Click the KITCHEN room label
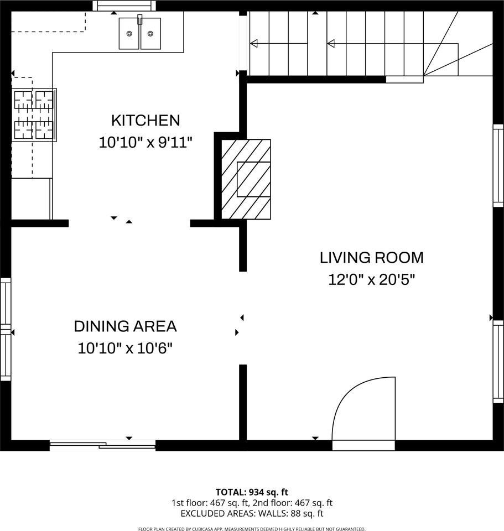[x=146, y=121]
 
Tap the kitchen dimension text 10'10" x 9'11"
[x=146, y=142]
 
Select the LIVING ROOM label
[x=371, y=258]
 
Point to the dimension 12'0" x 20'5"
[x=371, y=280]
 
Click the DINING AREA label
[x=125, y=326]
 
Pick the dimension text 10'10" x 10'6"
[x=125, y=348]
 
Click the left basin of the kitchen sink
[x=129, y=33]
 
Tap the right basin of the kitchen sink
[x=150, y=33]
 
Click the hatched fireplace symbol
[x=246, y=179]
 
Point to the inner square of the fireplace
[x=253, y=179]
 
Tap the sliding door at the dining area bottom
[x=102, y=444]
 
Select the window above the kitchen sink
[x=124, y=6]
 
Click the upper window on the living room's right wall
[x=498, y=166]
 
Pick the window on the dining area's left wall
[x=6, y=330]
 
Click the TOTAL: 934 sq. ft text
[x=252, y=492]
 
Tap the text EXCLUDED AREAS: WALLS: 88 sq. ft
[x=252, y=513]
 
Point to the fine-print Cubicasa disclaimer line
[x=252, y=529]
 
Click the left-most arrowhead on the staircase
[x=254, y=43]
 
